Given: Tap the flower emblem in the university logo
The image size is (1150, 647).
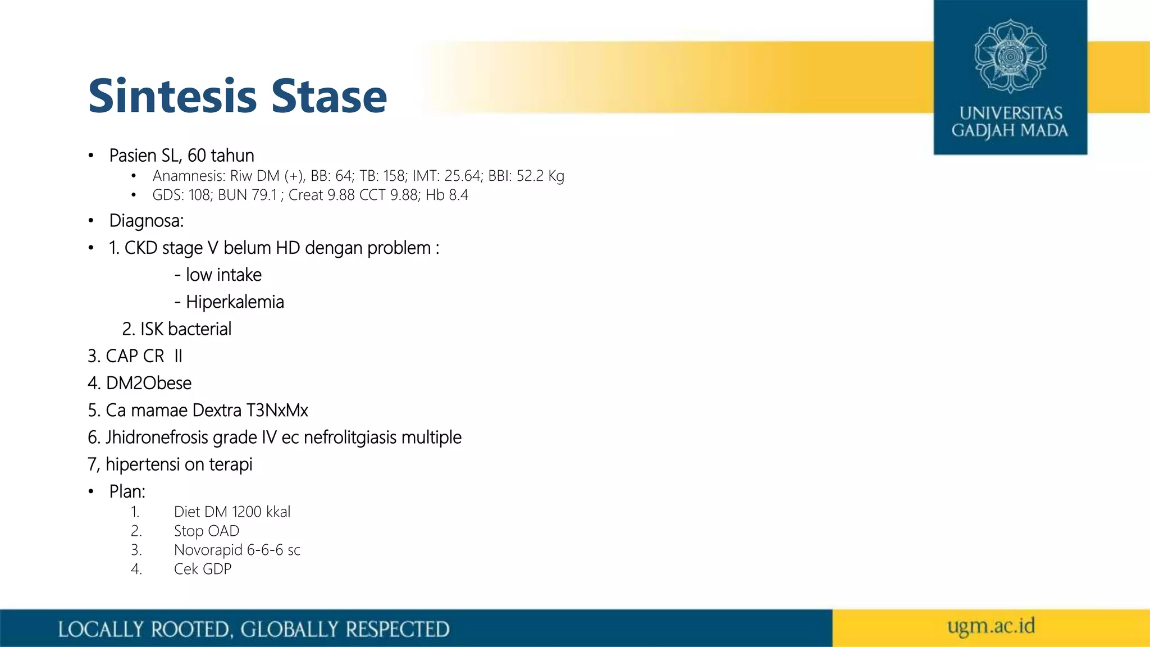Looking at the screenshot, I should click(1010, 56).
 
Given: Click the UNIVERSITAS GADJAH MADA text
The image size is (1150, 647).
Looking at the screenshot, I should click(1010, 122).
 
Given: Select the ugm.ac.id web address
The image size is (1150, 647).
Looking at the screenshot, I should click(991, 626).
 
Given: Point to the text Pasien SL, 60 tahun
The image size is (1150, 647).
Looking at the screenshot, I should click(181, 156).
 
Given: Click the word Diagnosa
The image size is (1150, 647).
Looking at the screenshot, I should click(146, 221).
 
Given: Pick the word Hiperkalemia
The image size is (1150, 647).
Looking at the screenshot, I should click(235, 302).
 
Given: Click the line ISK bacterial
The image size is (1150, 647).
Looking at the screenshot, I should click(177, 329).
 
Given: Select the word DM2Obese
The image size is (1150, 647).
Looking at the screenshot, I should click(148, 384).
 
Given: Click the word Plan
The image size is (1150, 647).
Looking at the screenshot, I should click(127, 492).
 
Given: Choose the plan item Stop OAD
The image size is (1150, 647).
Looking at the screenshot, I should click(206, 531).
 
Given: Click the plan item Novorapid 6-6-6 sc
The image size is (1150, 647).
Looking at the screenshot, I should click(237, 550).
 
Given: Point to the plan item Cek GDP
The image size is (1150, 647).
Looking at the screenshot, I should click(202, 569).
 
